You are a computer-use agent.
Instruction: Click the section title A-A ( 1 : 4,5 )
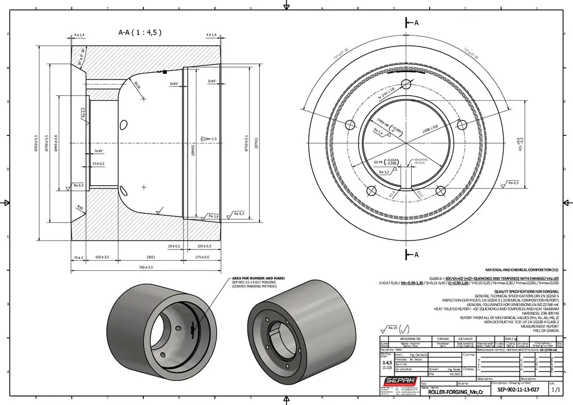(140, 32)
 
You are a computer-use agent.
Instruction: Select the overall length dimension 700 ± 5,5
(145, 267)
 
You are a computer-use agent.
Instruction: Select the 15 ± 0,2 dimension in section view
(98, 163)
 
